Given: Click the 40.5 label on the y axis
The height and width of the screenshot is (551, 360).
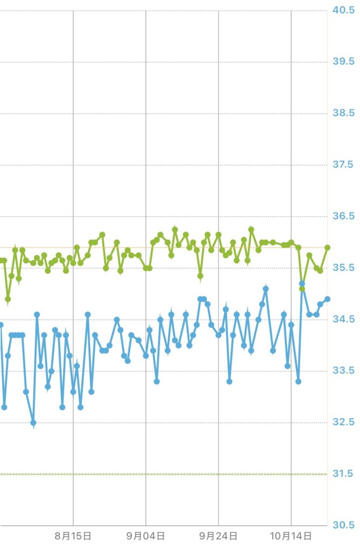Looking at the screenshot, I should tap(343, 10).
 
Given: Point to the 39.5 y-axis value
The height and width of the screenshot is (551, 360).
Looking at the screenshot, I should tap(343, 62).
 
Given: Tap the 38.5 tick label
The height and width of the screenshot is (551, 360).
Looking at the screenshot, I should tap(343, 114).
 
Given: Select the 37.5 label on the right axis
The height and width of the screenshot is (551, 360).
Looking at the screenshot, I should tap(343, 165).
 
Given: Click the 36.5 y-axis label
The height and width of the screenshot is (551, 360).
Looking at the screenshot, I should tap(343, 216).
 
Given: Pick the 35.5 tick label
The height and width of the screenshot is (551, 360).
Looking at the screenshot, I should tap(343, 268).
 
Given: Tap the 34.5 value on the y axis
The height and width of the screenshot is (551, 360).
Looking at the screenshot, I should tap(343, 320).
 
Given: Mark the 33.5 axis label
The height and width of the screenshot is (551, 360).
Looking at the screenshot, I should tap(343, 371).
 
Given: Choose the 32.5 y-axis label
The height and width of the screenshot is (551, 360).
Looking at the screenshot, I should tap(343, 422).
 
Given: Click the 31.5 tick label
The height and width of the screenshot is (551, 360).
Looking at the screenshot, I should tap(343, 474).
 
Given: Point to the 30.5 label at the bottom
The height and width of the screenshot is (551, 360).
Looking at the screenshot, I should tap(343, 525).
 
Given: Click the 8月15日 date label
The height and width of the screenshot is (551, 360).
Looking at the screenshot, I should tap(73, 536).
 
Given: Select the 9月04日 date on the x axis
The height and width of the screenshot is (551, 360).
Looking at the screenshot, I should tap(146, 536).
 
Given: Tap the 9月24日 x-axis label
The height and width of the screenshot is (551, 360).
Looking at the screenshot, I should tap(218, 536).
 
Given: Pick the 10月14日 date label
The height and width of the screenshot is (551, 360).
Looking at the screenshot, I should tap(291, 536).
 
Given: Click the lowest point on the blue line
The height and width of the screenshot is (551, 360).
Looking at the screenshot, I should tap(33, 423).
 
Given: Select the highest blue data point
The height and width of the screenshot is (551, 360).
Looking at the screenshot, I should tap(302, 284).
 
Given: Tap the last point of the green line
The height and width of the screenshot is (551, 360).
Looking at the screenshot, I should tap(327, 248).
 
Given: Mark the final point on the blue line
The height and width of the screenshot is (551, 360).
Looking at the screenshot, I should tap(327, 299).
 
